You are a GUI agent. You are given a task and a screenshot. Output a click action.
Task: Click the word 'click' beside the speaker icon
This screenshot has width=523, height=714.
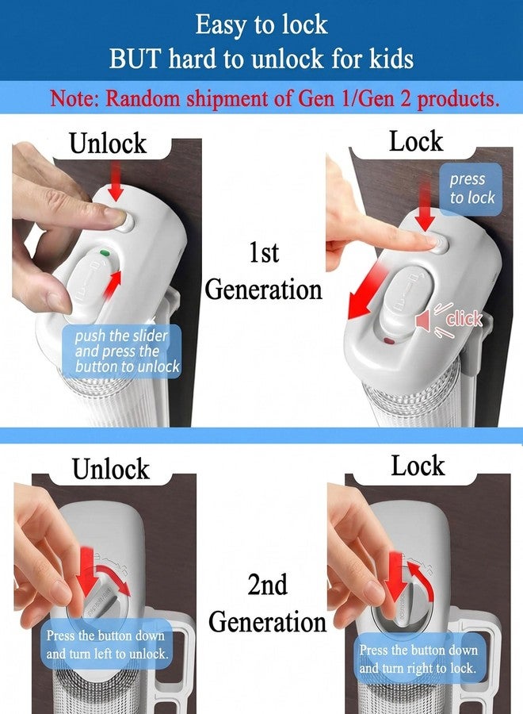pyautogui.click(x=464, y=319)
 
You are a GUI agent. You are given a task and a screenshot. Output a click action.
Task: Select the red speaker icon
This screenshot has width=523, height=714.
pyautogui.click(x=423, y=321)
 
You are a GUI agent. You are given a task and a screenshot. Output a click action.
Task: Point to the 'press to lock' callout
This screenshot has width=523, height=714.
pyautogui.click(x=471, y=189)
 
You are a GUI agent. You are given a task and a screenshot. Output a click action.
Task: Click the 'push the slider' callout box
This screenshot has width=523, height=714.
pyautogui.click(x=121, y=351)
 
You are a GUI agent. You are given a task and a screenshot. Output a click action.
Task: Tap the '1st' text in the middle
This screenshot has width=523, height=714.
pyautogui.click(x=264, y=252)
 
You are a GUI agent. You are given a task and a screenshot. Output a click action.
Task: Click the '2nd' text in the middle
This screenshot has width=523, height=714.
pyautogui.click(x=267, y=584)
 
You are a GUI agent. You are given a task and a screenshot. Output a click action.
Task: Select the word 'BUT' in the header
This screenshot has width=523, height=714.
pyautogui.click(x=135, y=59)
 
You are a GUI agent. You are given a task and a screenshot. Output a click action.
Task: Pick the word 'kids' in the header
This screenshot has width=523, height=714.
pyautogui.click(x=391, y=59)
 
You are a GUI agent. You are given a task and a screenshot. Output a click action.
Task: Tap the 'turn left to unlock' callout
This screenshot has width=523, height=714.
pyautogui.click(x=107, y=644)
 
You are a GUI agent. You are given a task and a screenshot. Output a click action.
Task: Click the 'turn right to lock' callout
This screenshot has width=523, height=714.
pyautogui.click(x=418, y=658)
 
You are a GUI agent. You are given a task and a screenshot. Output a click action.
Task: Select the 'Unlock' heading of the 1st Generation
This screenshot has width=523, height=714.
pyautogui.click(x=109, y=143)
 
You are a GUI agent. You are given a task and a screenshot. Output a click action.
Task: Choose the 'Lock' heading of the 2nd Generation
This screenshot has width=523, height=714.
pyautogui.click(x=418, y=466)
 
